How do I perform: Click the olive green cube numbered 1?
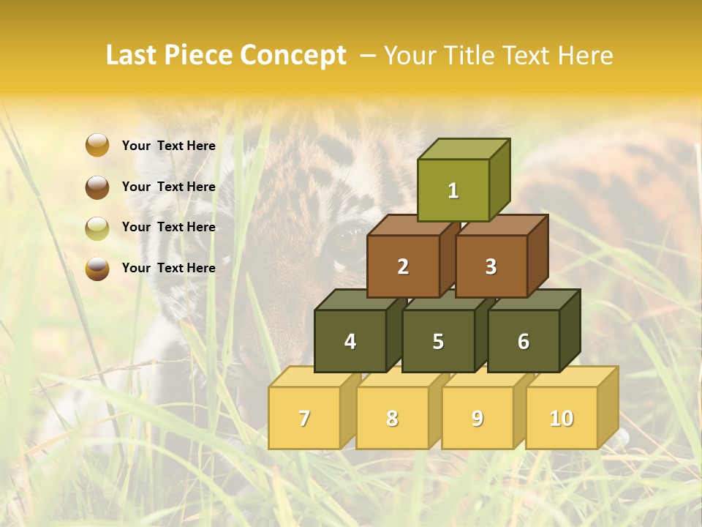coord(453,190)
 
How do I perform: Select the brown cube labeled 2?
coord(403,266)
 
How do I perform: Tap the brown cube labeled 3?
coord(491,266)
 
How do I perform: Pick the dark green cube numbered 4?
coord(350,341)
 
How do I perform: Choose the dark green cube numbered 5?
coord(438,341)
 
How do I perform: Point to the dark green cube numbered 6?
coord(524,341)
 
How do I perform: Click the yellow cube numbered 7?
coord(304,418)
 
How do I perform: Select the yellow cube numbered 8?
coord(392,418)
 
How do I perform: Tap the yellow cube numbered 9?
coord(478,418)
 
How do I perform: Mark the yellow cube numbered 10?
coord(562,418)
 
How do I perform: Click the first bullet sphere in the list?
coord(97,146)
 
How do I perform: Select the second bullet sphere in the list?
coord(97,187)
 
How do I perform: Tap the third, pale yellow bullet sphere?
coord(97,228)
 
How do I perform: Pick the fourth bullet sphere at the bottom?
coord(97,268)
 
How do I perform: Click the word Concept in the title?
coord(293,56)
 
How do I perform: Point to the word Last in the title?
coord(133,56)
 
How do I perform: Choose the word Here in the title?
coord(585,56)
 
